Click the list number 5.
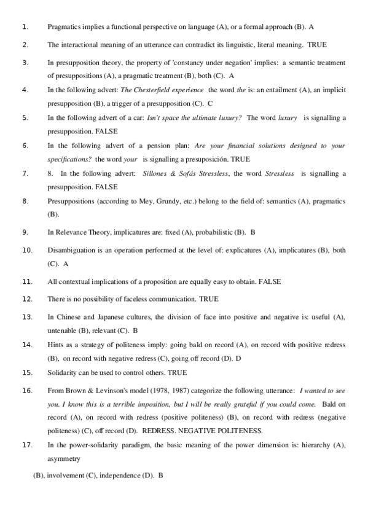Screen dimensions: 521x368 tap(25, 117)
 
